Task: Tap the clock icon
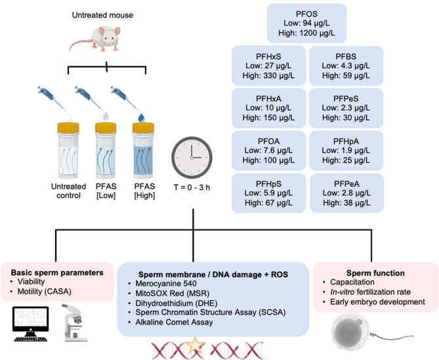point(192,157)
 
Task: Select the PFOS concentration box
point(306,23)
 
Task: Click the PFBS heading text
point(346,56)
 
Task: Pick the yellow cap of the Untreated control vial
point(68,128)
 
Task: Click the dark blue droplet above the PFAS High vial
point(141,117)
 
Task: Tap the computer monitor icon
point(31,324)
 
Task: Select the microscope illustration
point(75,323)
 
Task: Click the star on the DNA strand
point(195,345)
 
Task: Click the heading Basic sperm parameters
point(57,272)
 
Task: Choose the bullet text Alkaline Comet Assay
point(174,322)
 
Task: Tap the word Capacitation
point(352,282)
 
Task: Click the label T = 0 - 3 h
point(192,187)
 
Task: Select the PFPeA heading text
point(346,184)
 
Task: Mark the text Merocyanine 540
point(166,283)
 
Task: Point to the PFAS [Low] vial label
point(106,191)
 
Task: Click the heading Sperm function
point(375,273)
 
